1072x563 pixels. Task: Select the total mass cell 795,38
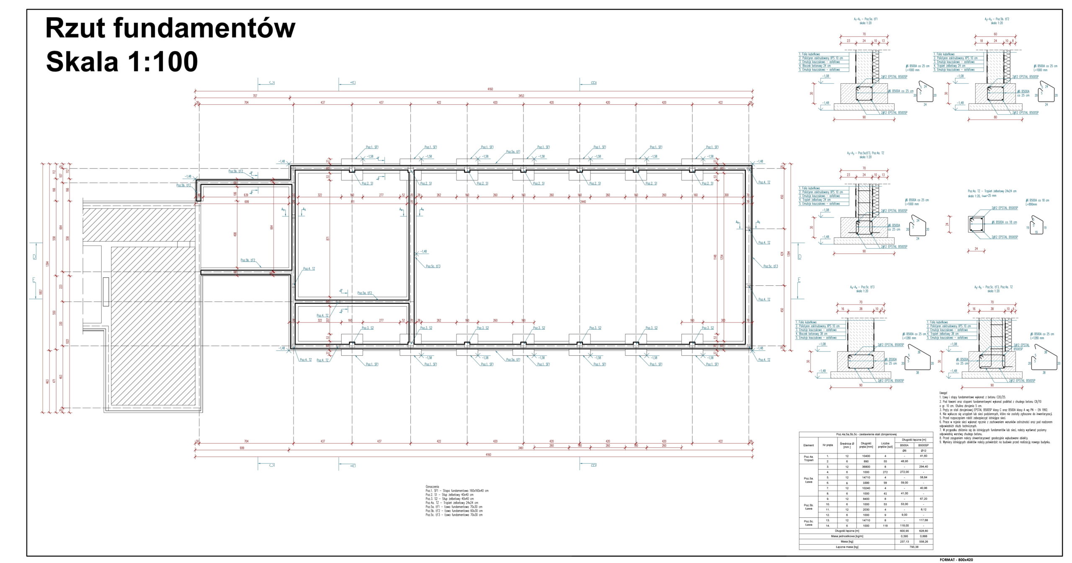coord(914,547)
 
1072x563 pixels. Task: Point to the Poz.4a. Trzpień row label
coord(808,458)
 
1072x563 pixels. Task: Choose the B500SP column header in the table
coord(923,445)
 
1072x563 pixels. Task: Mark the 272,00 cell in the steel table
coord(904,472)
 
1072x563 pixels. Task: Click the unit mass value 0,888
coord(923,536)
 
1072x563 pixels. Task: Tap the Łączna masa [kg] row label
coord(847,547)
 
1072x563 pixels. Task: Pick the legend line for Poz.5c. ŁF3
coord(454,515)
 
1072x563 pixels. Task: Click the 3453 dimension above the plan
coord(521,96)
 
